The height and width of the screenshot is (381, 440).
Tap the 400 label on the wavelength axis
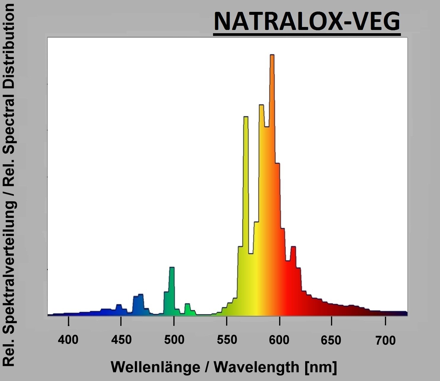pos(68,339)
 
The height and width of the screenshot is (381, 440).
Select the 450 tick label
pos(121,339)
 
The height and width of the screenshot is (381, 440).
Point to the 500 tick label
pos(174,339)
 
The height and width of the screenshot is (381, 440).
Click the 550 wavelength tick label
pos(227,339)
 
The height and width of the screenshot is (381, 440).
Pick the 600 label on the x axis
pos(279,340)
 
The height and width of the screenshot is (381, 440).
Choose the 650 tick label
pos(331,340)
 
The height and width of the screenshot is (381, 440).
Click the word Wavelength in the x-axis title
pos(257,367)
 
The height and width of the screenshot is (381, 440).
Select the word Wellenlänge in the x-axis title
pos(155,367)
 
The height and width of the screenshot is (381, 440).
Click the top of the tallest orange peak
pos(272,55)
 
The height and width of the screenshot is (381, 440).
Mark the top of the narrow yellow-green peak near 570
pos(246,117)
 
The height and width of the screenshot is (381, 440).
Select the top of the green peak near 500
pos(172,268)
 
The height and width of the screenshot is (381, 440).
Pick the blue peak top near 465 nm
pos(140,294)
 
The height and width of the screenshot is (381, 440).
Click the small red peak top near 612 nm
pos(293,247)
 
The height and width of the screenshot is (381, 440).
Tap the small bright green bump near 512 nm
pos(187,304)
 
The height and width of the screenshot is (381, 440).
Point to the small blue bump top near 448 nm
pos(119,305)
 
